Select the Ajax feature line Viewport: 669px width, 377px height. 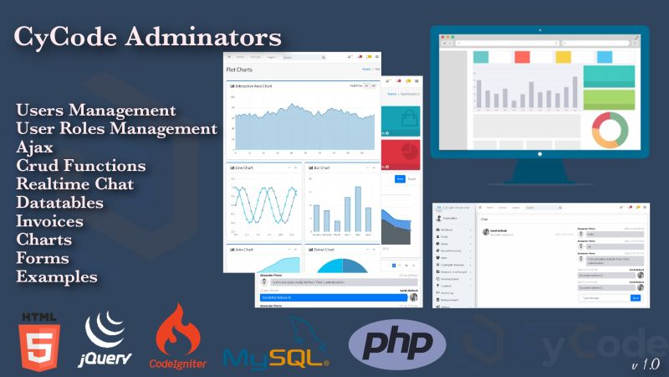click(x=34, y=147)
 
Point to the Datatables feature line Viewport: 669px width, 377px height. click(x=59, y=203)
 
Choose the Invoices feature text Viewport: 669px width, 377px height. click(x=49, y=221)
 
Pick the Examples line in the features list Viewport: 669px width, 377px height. click(x=56, y=276)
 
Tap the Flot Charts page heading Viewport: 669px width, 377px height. click(x=242, y=69)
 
